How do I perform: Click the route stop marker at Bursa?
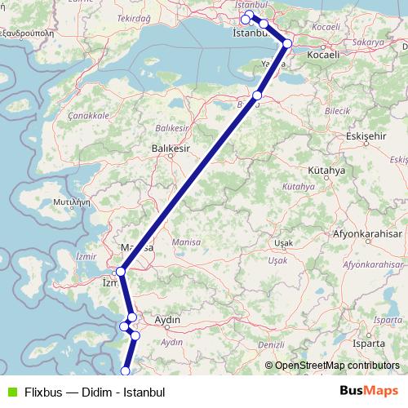tap(257, 95)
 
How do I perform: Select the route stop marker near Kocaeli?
tap(287, 43)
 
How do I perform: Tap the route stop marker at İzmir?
tap(121, 271)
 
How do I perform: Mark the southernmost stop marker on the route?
tap(125, 371)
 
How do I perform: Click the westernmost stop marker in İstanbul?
tap(245, 19)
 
